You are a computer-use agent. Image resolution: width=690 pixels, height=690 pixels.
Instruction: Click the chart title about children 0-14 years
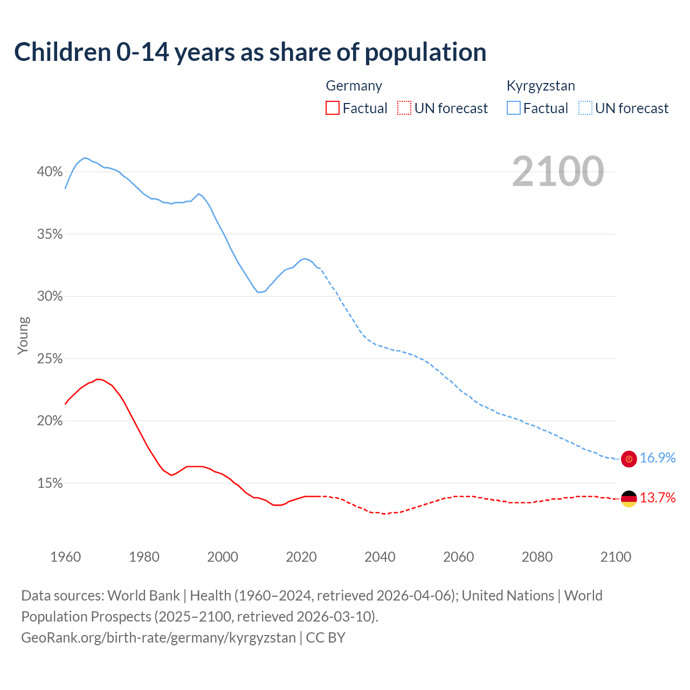(x=250, y=52)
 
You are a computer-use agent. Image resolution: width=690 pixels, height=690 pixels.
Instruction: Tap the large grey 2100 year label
(x=557, y=171)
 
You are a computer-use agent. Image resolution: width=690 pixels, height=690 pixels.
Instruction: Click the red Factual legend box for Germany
(x=333, y=108)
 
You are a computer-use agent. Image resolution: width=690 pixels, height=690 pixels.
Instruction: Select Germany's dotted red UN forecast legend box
(x=404, y=108)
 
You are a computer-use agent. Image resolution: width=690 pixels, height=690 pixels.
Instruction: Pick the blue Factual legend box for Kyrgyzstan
(x=513, y=108)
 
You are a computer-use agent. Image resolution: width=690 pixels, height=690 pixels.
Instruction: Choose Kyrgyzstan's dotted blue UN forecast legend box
(x=585, y=108)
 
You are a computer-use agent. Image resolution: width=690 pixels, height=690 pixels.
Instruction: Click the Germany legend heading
(x=354, y=86)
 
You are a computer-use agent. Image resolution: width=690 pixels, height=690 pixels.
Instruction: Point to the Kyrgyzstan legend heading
(x=540, y=86)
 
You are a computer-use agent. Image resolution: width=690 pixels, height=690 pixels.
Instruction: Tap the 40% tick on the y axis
(x=50, y=172)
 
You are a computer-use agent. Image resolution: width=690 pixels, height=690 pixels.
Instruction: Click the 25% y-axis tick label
(x=50, y=359)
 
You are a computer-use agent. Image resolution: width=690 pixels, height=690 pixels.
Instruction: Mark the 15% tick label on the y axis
(x=50, y=484)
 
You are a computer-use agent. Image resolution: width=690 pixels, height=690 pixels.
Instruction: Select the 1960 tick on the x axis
(x=65, y=557)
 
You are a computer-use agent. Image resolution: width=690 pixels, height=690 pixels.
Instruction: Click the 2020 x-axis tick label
(x=301, y=557)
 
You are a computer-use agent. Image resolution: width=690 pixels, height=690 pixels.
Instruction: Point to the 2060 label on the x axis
(x=458, y=557)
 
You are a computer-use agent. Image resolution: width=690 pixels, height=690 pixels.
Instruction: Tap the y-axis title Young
(x=23, y=335)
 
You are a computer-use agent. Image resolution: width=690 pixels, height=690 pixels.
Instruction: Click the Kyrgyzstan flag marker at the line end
(x=629, y=459)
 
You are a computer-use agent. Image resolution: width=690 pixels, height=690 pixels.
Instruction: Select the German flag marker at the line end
(x=629, y=499)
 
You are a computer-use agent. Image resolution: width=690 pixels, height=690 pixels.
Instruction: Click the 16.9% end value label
(x=657, y=458)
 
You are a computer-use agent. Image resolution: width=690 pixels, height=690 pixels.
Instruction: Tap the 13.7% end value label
(x=657, y=498)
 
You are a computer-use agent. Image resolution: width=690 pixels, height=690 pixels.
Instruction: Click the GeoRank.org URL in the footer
(x=158, y=638)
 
